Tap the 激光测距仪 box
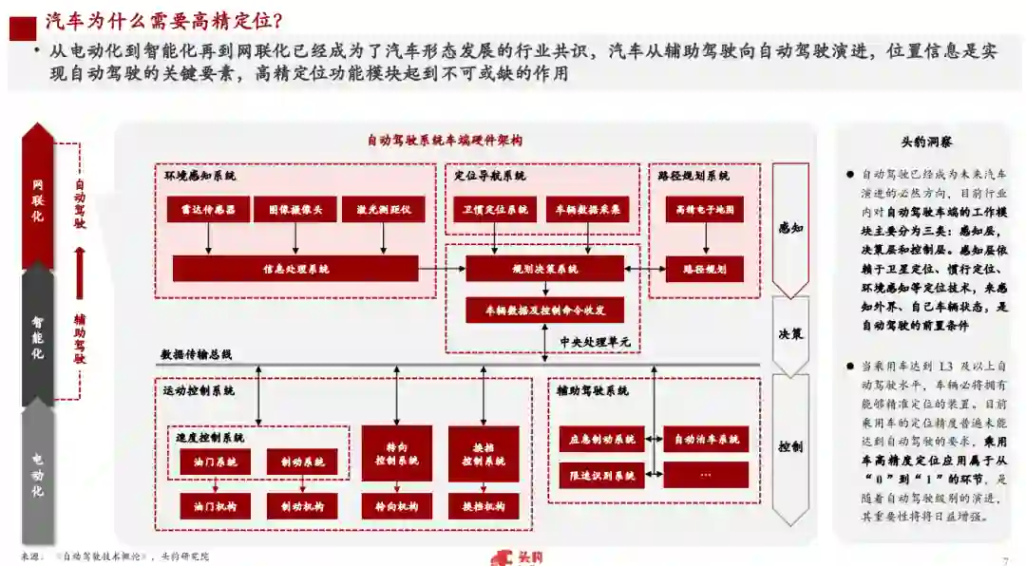(383, 209)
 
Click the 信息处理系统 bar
(295, 269)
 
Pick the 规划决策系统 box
(544, 269)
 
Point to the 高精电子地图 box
(704, 209)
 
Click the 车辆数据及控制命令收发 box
(544, 310)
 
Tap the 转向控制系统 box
(396, 453)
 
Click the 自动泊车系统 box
(706, 440)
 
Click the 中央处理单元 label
(595, 342)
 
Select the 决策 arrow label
(790, 334)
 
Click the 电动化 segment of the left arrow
(38, 470)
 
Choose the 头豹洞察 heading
(926, 141)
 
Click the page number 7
(1005, 559)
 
